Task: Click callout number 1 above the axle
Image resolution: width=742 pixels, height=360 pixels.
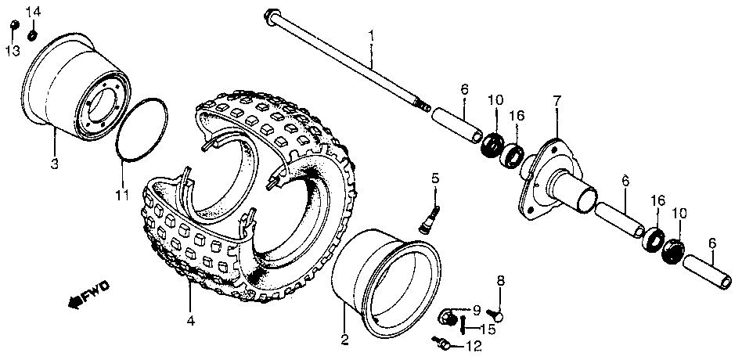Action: click(x=372, y=35)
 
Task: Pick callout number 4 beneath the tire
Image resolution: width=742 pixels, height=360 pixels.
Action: click(x=190, y=320)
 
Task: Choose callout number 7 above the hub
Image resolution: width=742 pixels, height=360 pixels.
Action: click(x=556, y=100)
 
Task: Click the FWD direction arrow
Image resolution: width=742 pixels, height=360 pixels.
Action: click(x=86, y=293)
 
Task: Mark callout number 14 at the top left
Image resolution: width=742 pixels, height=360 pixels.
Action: click(x=32, y=12)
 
